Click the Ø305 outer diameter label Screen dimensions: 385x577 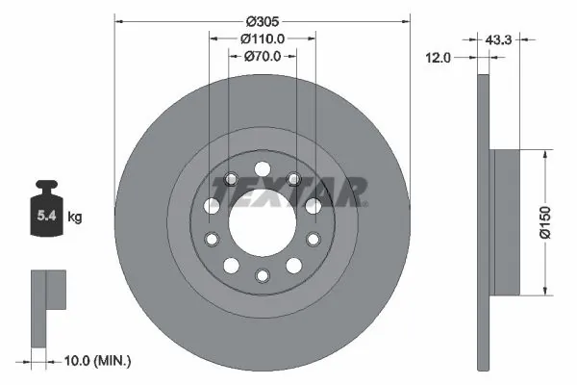tap(262, 20)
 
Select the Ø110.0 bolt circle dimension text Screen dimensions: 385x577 tap(262, 38)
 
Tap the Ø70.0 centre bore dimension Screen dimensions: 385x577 tap(262, 57)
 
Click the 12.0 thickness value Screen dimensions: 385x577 tap(439, 59)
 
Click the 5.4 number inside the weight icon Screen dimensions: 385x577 tap(45, 218)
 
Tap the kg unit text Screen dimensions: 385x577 tap(75, 218)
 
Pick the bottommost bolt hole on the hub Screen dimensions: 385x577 tap(262, 276)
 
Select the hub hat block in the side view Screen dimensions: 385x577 tap(506, 221)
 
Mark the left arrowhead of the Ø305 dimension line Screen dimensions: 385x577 tap(118, 20)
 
